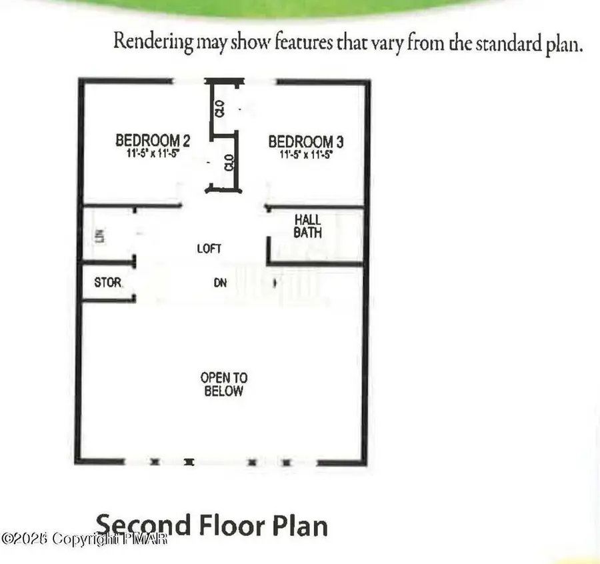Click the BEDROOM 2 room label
(x=153, y=141)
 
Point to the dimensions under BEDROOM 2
(x=153, y=153)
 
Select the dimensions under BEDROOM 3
(x=305, y=153)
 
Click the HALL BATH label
(x=308, y=226)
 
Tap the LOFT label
(x=209, y=249)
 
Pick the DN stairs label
(x=220, y=283)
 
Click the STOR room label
(x=108, y=283)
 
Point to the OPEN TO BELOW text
(x=223, y=385)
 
